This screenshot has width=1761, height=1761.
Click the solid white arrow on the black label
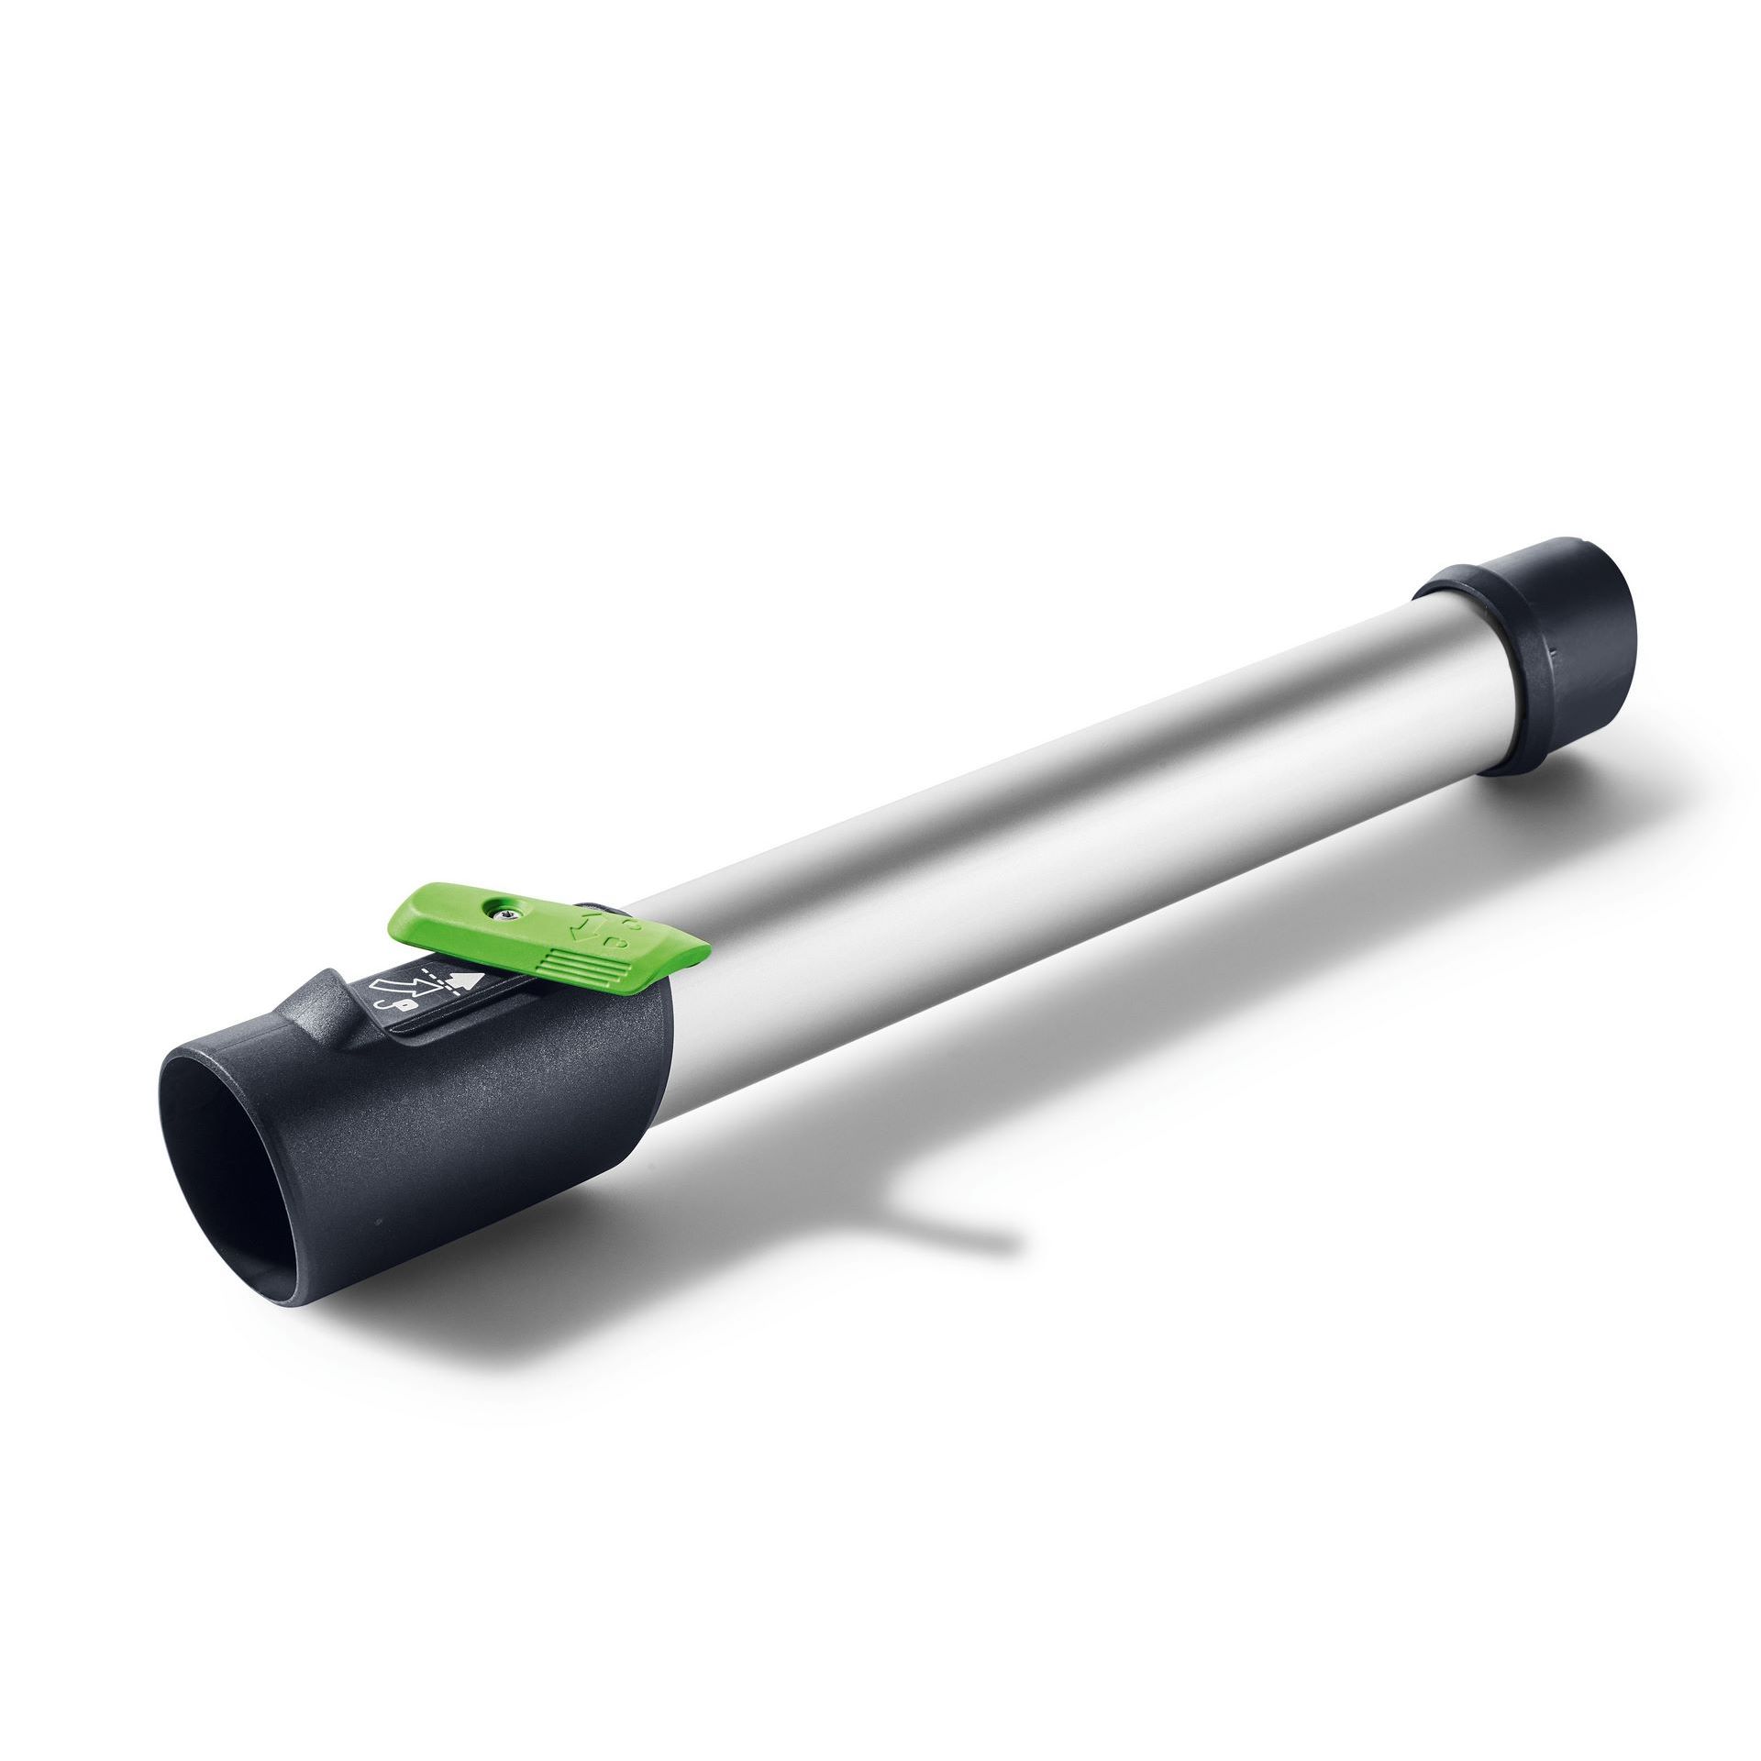(x=465, y=980)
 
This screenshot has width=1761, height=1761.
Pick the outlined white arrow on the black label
(x=405, y=987)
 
